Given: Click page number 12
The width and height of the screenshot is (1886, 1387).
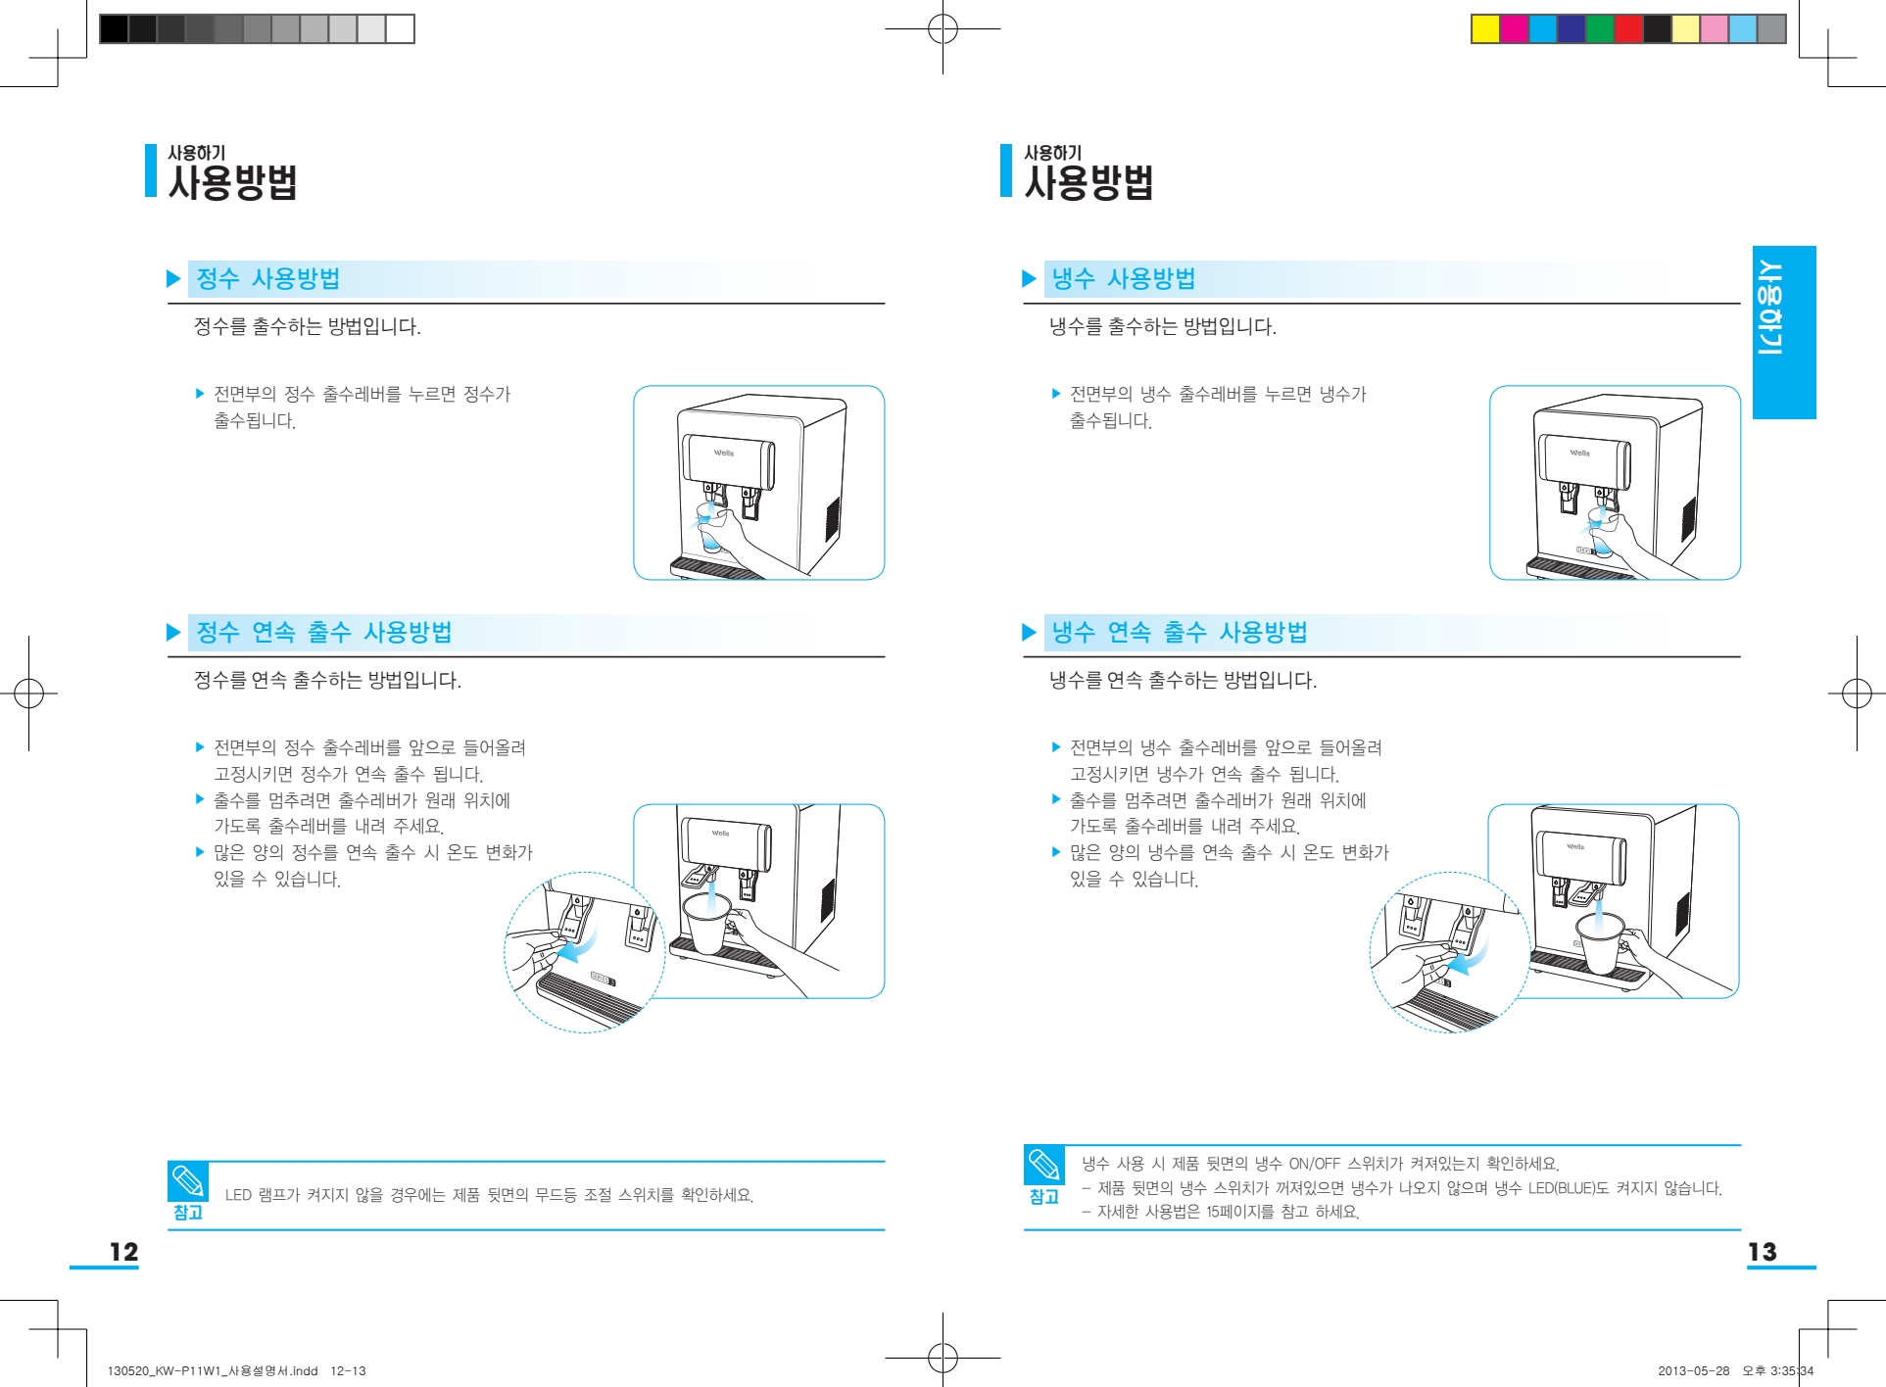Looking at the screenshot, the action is (123, 1252).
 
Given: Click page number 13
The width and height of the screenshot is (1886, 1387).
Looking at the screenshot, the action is (1762, 1252).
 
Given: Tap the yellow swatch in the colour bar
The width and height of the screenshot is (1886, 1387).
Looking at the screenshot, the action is (1485, 29).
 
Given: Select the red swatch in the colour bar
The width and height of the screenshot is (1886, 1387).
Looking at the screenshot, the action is (1628, 29).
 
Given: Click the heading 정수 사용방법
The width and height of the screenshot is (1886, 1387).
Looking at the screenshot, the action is (267, 279).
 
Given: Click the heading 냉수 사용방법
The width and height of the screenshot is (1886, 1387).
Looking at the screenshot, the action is (1123, 279).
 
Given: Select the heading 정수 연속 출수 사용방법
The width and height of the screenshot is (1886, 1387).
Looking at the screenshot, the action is (323, 633).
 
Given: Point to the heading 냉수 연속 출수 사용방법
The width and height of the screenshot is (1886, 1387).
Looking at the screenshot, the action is (1179, 633).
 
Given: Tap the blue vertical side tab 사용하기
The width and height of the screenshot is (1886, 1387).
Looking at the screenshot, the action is (1783, 332).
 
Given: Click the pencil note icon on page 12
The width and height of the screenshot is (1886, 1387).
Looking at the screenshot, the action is (187, 1181).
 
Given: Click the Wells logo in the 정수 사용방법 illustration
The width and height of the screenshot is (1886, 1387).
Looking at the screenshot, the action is (724, 453).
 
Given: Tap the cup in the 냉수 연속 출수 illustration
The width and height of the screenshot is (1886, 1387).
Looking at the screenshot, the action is (1600, 942).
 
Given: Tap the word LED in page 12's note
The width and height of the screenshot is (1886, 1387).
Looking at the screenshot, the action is (238, 1195).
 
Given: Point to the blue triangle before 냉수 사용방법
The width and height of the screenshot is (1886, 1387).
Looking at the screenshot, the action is (1029, 279).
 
